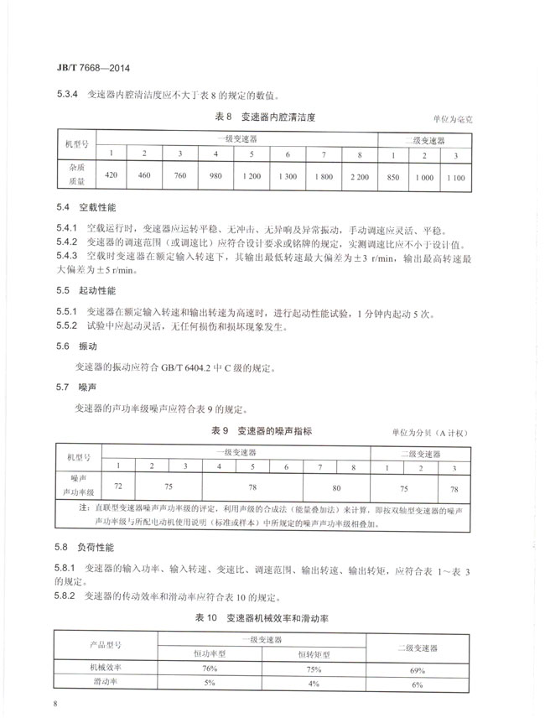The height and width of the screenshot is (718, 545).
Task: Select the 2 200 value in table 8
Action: point(361,177)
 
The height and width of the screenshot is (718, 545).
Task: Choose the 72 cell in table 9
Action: point(118,485)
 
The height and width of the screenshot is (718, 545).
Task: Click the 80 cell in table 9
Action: point(335,485)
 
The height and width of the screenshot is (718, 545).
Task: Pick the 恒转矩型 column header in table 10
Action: point(315,653)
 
